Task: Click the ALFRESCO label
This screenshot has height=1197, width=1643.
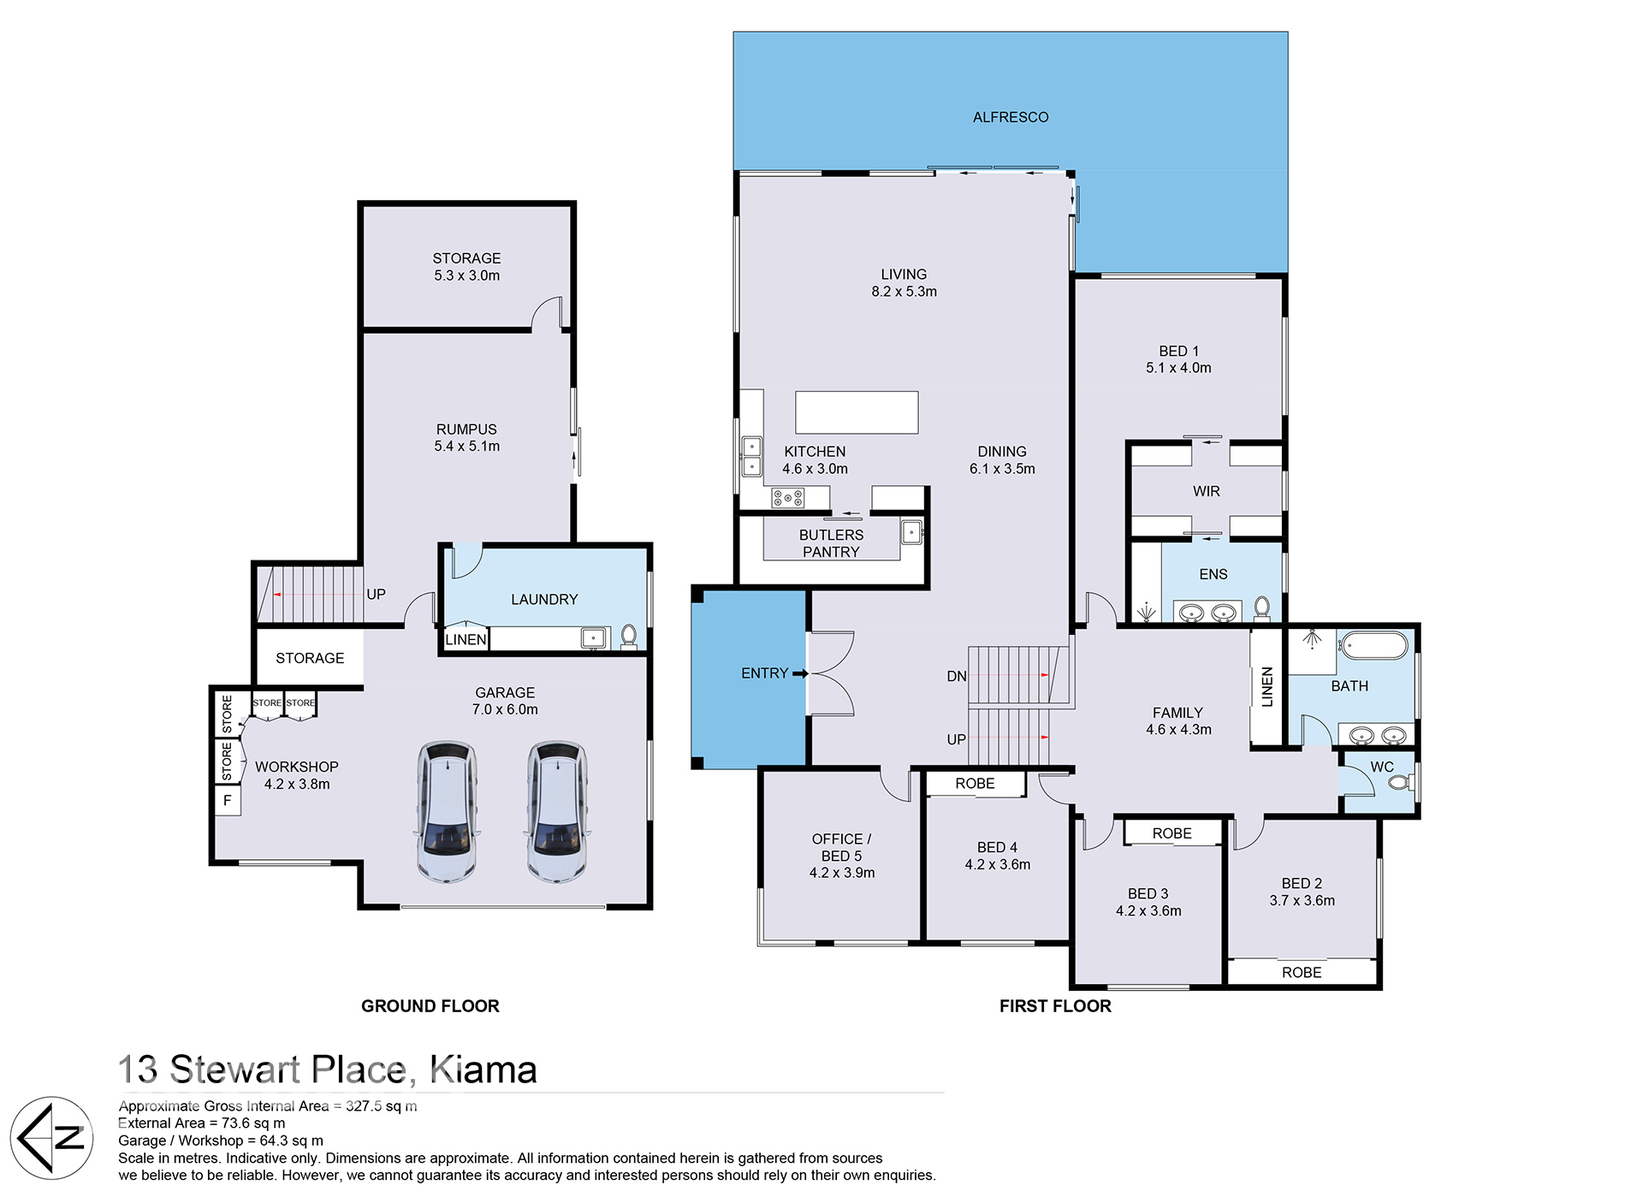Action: pyautogui.click(x=1010, y=117)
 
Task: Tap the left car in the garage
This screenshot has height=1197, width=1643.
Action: pyautogui.click(x=447, y=812)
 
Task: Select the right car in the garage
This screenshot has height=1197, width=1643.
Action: pyautogui.click(x=556, y=812)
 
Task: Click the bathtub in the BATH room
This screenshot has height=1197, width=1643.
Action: pyautogui.click(x=1373, y=645)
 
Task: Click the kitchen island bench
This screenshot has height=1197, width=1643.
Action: pyautogui.click(x=857, y=412)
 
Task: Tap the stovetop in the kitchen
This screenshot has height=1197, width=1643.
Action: pyautogui.click(x=788, y=497)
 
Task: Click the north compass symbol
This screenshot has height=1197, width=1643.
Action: pyautogui.click(x=52, y=1138)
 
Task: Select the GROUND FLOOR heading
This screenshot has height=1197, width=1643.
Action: pyautogui.click(x=430, y=1006)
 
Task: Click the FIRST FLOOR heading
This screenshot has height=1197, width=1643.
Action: pyautogui.click(x=1055, y=1006)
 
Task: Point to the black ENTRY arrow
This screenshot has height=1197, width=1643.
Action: pyautogui.click(x=800, y=674)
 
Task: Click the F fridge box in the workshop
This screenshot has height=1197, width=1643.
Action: pyautogui.click(x=228, y=801)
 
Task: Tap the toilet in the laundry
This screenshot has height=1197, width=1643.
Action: pyautogui.click(x=629, y=636)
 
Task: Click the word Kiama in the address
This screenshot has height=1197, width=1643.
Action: pyautogui.click(x=483, y=1070)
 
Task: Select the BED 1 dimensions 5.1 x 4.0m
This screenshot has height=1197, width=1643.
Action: pyautogui.click(x=1178, y=368)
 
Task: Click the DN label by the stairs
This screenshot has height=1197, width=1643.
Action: pyautogui.click(x=957, y=676)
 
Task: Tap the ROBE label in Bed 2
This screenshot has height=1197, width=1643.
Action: pyautogui.click(x=1302, y=973)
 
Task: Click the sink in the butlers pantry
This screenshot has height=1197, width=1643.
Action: pyautogui.click(x=912, y=532)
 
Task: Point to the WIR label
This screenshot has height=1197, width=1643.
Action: pyautogui.click(x=1207, y=491)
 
